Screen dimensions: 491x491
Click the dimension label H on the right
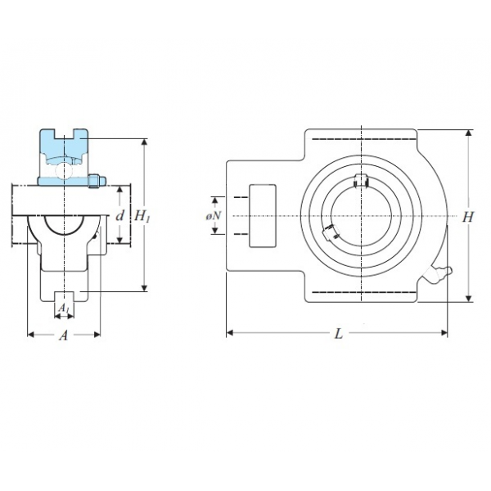[x=468, y=217]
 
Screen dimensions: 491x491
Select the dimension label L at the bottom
[x=339, y=334]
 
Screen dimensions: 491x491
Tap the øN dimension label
[x=214, y=216]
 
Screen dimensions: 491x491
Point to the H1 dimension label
[x=142, y=216]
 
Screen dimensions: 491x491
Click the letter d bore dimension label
[x=120, y=215]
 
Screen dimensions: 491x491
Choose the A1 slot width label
[x=64, y=309]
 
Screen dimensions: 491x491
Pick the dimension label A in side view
[x=64, y=336]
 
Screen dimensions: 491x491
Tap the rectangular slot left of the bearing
[x=263, y=216]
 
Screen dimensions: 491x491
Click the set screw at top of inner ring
[x=361, y=181]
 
